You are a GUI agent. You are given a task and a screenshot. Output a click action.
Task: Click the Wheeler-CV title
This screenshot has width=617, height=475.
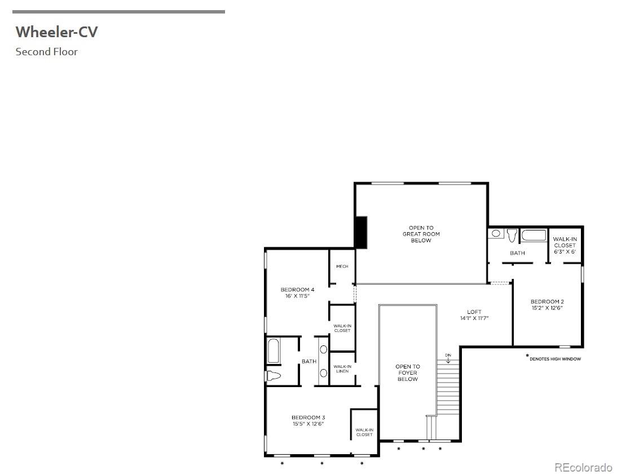[56, 32]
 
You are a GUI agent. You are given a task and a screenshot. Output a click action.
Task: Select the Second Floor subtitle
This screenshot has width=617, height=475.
[46, 52]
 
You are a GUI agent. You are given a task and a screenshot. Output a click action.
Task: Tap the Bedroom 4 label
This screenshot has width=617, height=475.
[297, 290]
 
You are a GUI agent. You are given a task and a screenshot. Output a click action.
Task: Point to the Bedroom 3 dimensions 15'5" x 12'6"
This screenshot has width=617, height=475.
[308, 424]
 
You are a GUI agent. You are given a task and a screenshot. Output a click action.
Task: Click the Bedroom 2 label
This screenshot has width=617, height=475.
[547, 301]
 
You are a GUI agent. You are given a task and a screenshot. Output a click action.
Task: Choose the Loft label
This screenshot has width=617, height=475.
[474, 312]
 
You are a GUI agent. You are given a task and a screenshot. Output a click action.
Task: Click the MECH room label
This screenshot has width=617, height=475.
[342, 267]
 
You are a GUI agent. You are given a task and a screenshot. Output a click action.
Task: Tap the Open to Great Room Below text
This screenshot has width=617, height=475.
[421, 234]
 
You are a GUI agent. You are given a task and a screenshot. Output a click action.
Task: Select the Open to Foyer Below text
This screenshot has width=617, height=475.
[407, 372]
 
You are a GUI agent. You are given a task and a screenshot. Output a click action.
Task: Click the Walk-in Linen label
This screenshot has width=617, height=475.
[342, 369]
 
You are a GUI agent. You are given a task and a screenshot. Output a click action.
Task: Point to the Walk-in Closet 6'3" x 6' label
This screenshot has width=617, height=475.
[565, 245]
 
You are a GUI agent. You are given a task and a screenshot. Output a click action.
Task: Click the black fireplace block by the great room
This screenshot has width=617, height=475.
[360, 232]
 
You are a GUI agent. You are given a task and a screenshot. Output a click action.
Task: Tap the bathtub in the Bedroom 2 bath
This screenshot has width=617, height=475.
[533, 235]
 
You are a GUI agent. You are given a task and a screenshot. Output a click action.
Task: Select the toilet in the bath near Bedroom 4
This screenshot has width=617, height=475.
[273, 376]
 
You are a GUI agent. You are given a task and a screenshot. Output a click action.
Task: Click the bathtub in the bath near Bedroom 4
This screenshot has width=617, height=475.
[273, 351]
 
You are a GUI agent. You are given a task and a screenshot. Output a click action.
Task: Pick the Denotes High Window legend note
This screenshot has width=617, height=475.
[554, 358]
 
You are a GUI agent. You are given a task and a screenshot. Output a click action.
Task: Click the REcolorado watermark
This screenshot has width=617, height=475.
[583, 467]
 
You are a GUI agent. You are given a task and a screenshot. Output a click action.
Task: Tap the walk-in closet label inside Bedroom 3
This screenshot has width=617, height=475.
[364, 432]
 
